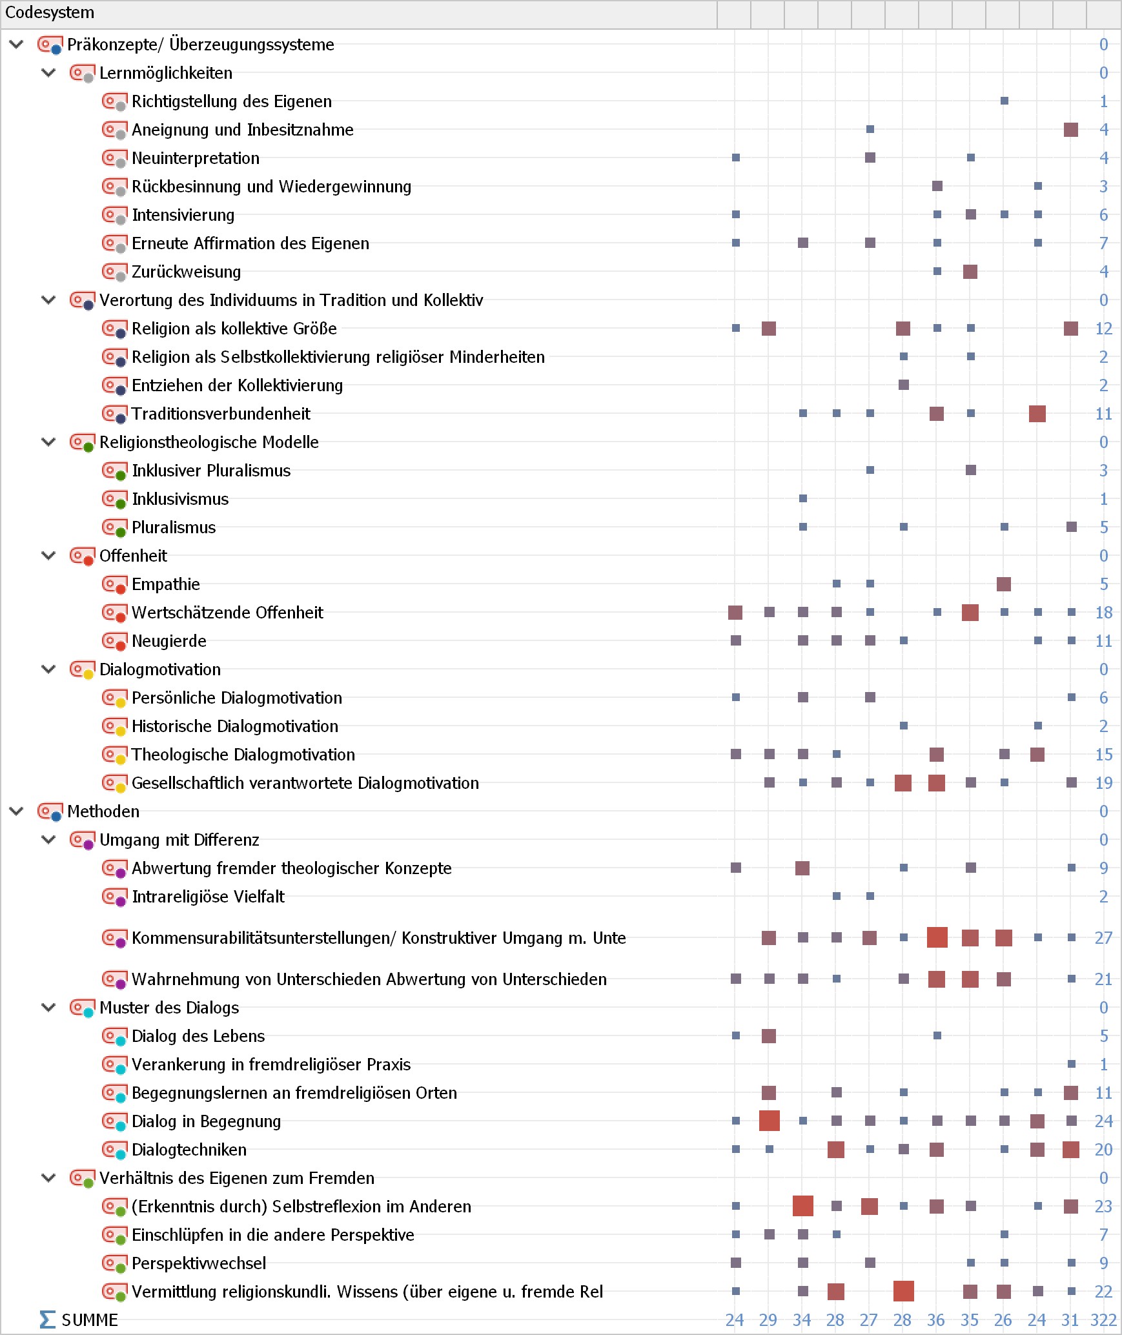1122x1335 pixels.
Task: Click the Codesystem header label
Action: click(50, 13)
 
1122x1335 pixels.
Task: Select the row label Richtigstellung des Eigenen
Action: click(232, 101)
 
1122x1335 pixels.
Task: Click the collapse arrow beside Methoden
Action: click(17, 811)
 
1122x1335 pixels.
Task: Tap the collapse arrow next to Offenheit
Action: click(48, 556)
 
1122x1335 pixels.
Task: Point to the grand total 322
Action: click(1103, 1320)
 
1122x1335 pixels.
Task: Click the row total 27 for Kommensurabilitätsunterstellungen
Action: click(1103, 938)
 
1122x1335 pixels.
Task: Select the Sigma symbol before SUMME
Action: click(47, 1320)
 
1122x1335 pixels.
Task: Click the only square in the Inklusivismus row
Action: click(803, 499)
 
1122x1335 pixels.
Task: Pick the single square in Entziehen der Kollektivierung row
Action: click(904, 385)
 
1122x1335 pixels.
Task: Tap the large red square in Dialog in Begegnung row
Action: click(770, 1121)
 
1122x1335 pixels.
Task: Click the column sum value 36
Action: click(937, 1320)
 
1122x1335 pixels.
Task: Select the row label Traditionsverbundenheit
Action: click(221, 414)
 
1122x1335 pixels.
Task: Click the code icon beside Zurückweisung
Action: click(114, 272)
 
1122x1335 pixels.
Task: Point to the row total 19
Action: click(1103, 783)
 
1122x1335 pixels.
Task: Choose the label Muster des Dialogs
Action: click(169, 1008)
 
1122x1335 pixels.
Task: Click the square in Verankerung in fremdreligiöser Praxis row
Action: click(1072, 1065)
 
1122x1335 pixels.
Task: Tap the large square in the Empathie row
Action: click(1004, 584)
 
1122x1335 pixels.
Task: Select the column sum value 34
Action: click(802, 1320)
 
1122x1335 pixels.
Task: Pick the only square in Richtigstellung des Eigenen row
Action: click(1005, 101)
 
